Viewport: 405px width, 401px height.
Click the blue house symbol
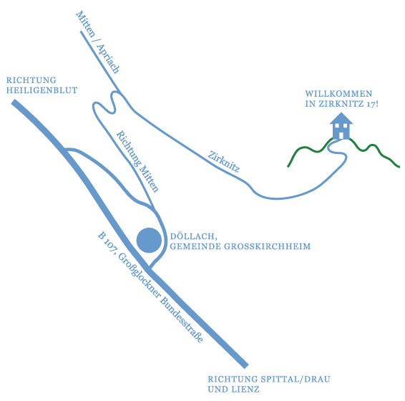click(x=341, y=126)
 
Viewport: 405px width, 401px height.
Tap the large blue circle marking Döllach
click(x=149, y=240)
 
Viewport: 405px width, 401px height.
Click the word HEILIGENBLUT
click(x=42, y=90)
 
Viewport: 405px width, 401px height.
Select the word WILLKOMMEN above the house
click(x=338, y=93)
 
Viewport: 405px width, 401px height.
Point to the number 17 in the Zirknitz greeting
click(x=371, y=104)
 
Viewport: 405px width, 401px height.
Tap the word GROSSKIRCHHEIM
click(x=267, y=246)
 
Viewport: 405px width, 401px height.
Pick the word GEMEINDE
click(x=195, y=246)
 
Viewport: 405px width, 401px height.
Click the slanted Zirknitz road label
click(x=224, y=162)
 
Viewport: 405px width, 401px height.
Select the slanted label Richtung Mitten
click(x=137, y=162)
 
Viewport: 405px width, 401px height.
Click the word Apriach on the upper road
click(x=108, y=59)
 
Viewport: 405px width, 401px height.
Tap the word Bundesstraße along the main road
click(x=182, y=319)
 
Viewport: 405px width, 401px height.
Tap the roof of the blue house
click(x=341, y=118)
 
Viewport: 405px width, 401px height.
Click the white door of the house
click(x=341, y=135)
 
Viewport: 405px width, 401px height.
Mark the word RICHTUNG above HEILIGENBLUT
click(x=31, y=80)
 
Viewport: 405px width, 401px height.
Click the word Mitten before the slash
click(x=85, y=24)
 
